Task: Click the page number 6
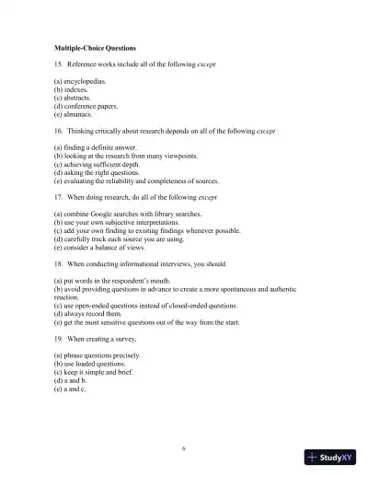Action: coord(184,448)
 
